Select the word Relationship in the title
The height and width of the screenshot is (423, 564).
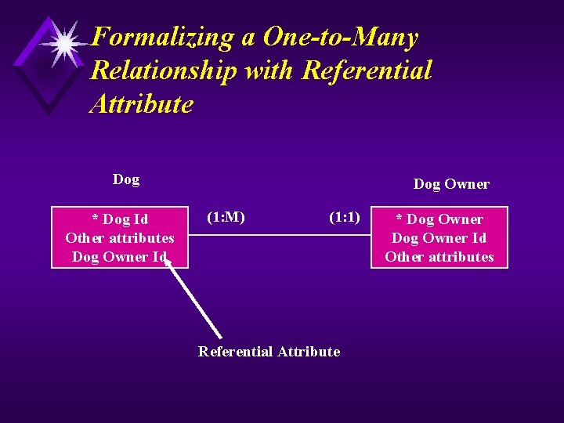(x=164, y=70)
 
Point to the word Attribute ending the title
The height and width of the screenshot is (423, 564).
(x=141, y=104)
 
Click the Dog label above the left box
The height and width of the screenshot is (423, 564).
(x=126, y=179)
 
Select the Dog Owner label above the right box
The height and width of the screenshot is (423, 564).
(x=451, y=184)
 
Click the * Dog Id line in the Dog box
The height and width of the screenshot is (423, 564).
(x=120, y=219)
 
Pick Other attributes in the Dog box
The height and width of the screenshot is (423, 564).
(x=120, y=238)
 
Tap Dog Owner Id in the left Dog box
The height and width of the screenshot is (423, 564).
(x=120, y=257)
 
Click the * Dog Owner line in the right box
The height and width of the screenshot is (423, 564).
(x=439, y=219)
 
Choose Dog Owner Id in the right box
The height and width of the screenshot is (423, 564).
(x=439, y=238)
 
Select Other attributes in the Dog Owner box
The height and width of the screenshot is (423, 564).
(x=439, y=257)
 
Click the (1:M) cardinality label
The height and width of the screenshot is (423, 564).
(x=226, y=217)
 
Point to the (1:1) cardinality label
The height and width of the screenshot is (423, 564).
(x=345, y=217)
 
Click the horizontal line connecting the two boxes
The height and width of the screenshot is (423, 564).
(x=279, y=234)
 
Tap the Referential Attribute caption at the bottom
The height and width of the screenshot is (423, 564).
(x=269, y=352)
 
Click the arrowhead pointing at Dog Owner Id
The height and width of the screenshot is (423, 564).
(x=168, y=264)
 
